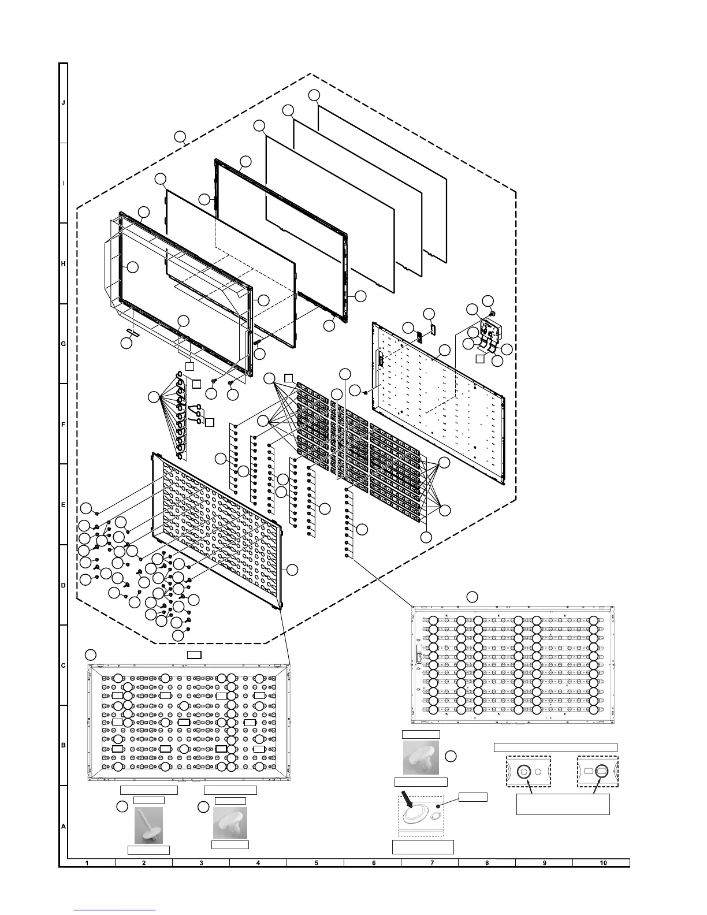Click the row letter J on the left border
[64, 103]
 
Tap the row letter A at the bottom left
[64, 827]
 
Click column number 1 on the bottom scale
[87, 863]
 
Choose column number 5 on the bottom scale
[317, 863]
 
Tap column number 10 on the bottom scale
[603, 863]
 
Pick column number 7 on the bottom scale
[431, 863]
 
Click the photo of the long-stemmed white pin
[148, 825]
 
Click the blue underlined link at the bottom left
[116, 909]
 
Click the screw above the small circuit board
[492, 313]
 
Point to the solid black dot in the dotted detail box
[441, 805]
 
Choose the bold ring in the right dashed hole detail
[601, 771]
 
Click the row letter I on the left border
[64, 183]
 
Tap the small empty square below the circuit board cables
[480, 359]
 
